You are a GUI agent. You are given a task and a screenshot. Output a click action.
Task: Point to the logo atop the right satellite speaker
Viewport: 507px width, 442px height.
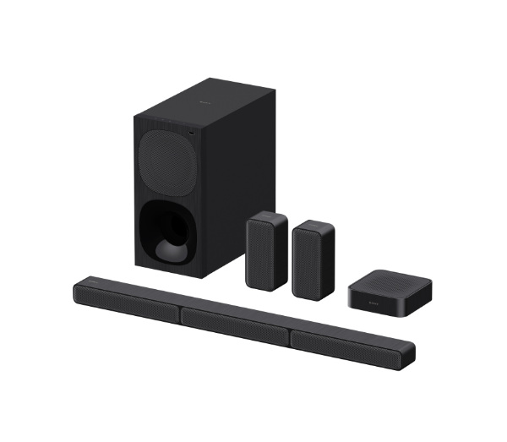(313, 224)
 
